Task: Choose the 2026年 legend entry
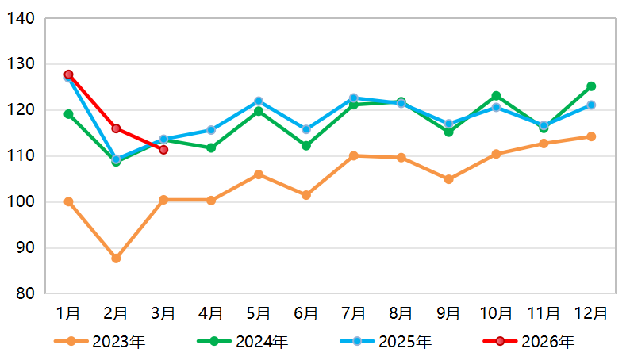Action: [x=529, y=342]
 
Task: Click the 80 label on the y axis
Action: [x=25, y=294]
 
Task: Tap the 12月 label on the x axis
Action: [x=591, y=313]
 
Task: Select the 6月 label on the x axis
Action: [x=305, y=313]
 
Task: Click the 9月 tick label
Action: [x=448, y=313]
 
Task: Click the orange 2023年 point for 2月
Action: [x=116, y=258]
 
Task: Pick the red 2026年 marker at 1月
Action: [x=68, y=75]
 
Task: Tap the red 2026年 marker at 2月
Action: [x=116, y=128]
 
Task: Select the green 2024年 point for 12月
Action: [x=591, y=86]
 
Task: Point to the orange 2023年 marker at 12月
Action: [x=591, y=136]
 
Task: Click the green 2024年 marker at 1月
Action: [x=68, y=114]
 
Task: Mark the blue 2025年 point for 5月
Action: [x=259, y=101]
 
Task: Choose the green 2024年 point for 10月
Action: [x=496, y=96]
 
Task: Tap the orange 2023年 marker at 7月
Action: [x=353, y=155]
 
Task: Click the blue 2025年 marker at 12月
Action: [x=591, y=105]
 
